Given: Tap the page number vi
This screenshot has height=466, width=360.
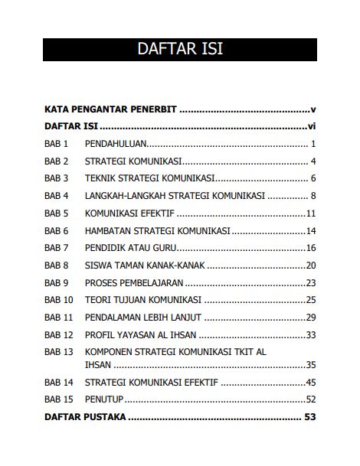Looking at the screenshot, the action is (311, 126).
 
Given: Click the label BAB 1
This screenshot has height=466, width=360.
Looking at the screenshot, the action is (57, 144).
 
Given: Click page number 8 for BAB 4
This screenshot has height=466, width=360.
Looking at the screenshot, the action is (313, 196).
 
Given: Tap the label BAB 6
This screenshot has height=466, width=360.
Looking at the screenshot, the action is (57, 230).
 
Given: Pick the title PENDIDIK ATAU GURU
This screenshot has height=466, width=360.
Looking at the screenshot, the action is (130, 248).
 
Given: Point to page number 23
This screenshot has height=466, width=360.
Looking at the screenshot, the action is (311, 283).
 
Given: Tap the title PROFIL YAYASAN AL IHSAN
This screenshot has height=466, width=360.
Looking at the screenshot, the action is (141, 335).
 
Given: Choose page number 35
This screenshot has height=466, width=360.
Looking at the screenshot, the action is (311, 365).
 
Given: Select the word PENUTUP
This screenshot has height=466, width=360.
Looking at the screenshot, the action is (104, 399).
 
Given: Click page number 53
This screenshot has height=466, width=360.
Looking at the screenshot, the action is (310, 418).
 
